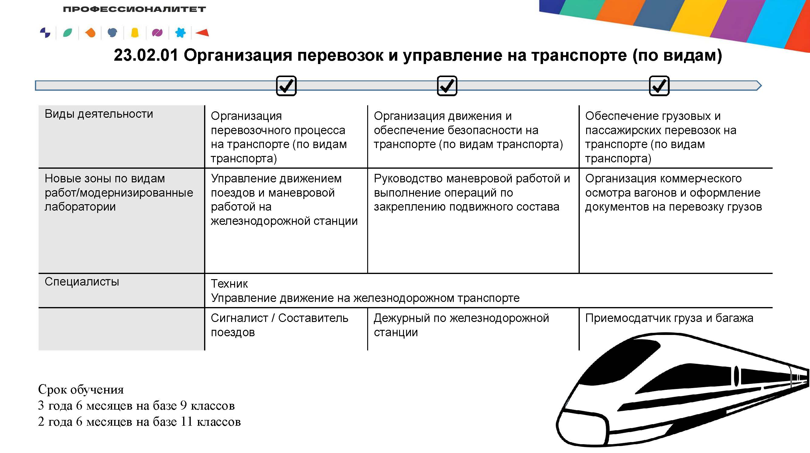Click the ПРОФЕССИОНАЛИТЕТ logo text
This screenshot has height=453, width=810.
[x=134, y=9]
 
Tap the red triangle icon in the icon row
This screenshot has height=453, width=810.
[x=202, y=32]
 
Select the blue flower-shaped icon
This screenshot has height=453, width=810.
[x=180, y=32]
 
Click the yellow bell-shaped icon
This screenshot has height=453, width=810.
[x=135, y=33]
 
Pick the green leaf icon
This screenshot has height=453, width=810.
[x=68, y=33]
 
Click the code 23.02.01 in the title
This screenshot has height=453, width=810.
[x=145, y=55]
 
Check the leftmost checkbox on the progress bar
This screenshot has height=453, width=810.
[x=286, y=86]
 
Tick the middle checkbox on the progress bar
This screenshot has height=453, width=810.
[x=447, y=86]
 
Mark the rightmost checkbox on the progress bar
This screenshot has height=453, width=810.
[x=659, y=86]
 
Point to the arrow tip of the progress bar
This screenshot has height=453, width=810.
[x=761, y=86]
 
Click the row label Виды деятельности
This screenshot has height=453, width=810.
[x=99, y=114]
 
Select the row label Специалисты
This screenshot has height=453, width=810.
[x=82, y=282]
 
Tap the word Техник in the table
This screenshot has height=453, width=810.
[x=229, y=284]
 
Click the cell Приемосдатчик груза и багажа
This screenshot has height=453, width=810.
[x=669, y=318]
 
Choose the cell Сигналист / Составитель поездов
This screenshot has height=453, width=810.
[x=279, y=325]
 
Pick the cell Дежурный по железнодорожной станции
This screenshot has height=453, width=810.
[x=461, y=325]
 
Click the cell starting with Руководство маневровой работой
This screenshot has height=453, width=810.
[x=472, y=193]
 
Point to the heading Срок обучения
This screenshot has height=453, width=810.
[x=81, y=390]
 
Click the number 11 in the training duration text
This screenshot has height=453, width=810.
[x=186, y=421]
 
